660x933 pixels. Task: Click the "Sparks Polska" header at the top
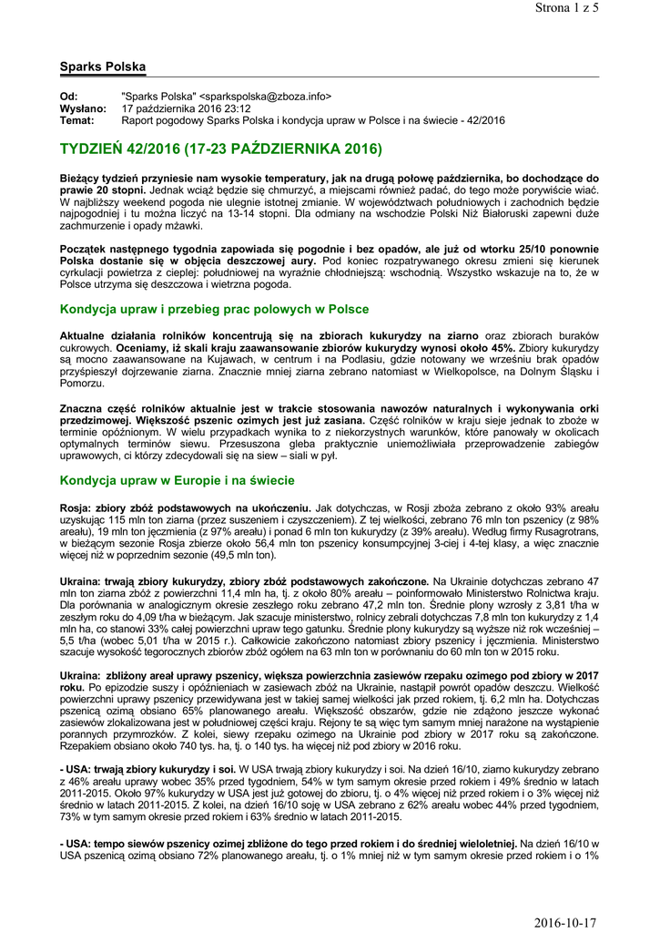[x=102, y=67]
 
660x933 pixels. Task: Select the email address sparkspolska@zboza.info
[x=266, y=97]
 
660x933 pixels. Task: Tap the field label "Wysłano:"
[x=83, y=108]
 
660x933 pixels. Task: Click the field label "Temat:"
[x=77, y=120]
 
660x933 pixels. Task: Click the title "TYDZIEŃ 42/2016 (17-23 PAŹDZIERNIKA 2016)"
[x=220, y=148]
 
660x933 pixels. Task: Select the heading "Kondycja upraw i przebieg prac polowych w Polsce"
[x=214, y=310]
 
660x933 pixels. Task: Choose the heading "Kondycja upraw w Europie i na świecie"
[x=177, y=480]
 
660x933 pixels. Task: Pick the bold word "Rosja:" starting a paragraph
[x=76, y=508]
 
